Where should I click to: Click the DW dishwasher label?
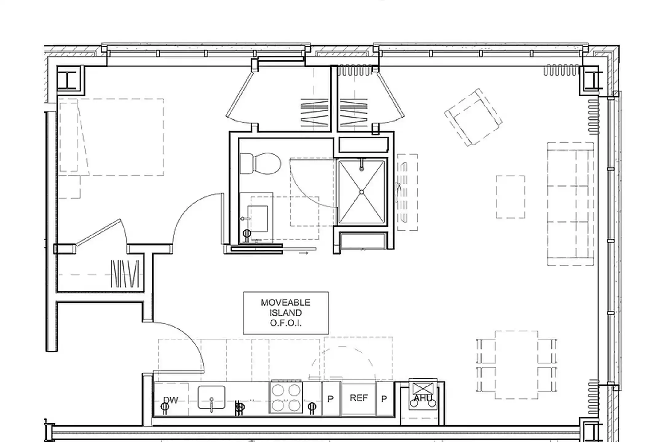pos(171,400)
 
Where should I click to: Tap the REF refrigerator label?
pos(359,398)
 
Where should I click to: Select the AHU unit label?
pos(423,398)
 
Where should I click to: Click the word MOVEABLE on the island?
pos(286,303)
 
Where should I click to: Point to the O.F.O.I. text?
pos(286,323)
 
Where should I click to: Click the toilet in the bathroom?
pos(260,164)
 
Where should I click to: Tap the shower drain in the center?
pos(362,192)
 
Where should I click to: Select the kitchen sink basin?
pos(211,397)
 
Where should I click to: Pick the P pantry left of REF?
pos(330,399)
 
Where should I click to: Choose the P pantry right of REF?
pos(384,399)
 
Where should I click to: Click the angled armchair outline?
pos(473,117)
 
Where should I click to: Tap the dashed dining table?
pos(516,365)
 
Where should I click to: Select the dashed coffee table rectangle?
pos(510,197)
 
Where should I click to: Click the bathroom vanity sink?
pos(258,219)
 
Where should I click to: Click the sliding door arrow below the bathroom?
pos(304,253)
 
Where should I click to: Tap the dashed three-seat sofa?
pos(570,204)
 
